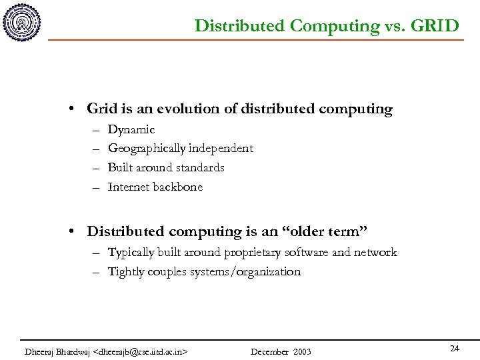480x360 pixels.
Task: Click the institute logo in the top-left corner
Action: (x=21, y=23)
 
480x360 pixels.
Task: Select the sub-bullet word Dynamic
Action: (x=131, y=129)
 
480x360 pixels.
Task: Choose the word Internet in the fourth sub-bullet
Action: (x=129, y=187)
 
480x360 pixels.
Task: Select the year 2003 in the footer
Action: (x=301, y=351)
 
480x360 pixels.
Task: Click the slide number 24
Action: (x=455, y=349)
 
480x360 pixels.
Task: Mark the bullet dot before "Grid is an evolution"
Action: (x=79, y=109)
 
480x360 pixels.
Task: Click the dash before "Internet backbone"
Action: (x=97, y=187)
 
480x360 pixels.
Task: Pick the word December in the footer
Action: (x=269, y=351)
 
